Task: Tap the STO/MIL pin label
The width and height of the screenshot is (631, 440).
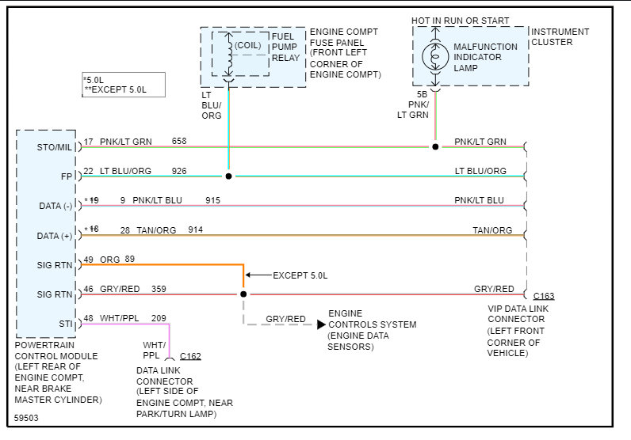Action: (54, 147)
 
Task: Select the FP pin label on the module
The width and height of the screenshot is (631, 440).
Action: (66, 177)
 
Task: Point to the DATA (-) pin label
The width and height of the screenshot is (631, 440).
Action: (55, 207)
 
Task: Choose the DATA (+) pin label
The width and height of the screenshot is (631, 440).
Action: (55, 236)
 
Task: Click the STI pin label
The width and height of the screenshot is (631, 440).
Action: (66, 323)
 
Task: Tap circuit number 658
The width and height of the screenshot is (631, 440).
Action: (179, 142)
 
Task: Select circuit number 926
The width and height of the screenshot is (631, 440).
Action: (179, 171)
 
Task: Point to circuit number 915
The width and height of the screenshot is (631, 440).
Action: (212, 200)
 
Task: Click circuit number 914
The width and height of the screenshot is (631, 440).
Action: (195, 229)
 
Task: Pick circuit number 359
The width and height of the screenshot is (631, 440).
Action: (159, 289)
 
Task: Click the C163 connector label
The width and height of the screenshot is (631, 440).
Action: (544, 297)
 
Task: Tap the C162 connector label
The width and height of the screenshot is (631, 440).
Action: (190, 356)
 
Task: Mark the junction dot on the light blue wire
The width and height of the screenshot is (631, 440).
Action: (228, 176)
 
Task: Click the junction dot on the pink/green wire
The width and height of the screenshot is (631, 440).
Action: (435, 147)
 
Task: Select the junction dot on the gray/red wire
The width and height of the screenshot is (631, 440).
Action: (243, 294)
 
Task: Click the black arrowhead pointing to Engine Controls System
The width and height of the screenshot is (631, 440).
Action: (321, 324)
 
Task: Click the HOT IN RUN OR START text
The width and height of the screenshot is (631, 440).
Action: (460, 21)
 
